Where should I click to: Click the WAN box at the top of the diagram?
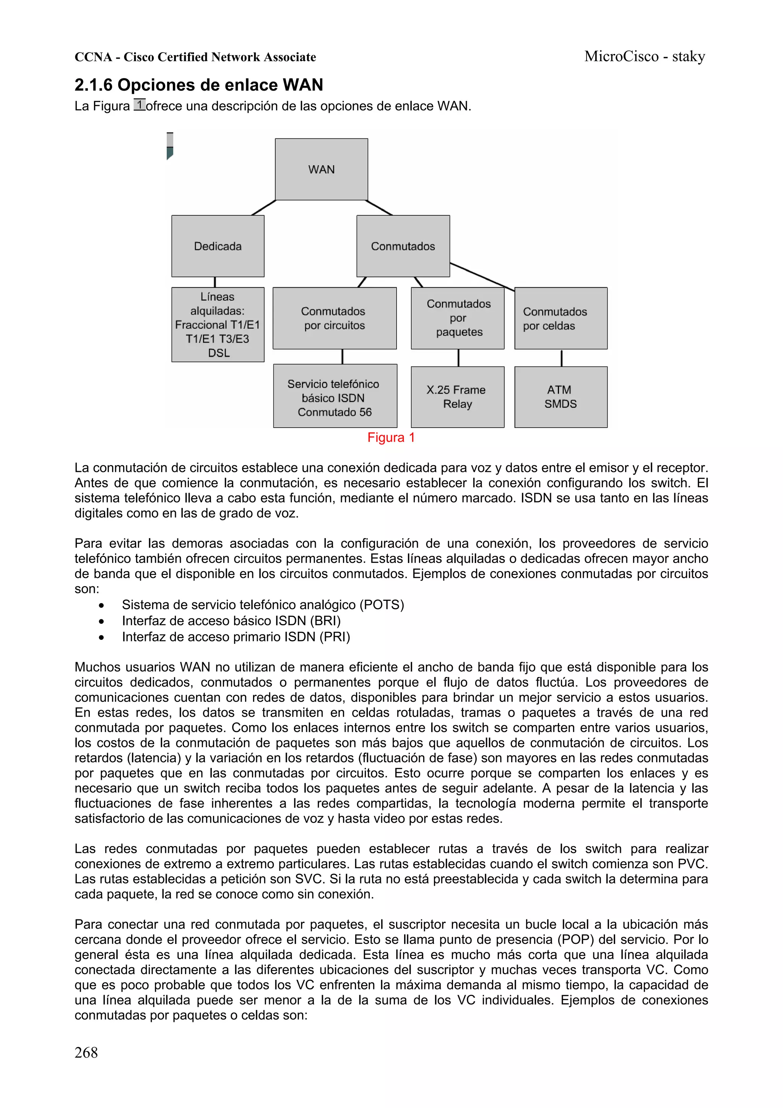tap(321, 169)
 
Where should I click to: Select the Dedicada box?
tap(218, 246)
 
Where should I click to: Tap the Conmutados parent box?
tap(403, 246)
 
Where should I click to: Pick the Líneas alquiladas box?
tap(218, 324)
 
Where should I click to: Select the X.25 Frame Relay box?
tap(457, 397)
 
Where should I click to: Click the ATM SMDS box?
tap(560, 397)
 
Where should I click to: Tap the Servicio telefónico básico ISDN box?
tap(335, 398)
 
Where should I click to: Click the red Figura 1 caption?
tap(391, 438)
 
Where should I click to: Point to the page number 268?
tap(86, 1052)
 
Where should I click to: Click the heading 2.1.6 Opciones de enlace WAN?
tap(198, 85)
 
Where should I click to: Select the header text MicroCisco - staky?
tap(644, 57)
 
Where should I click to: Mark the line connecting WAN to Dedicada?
tap(263, 208)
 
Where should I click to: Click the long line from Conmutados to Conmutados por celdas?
tap(482, 277)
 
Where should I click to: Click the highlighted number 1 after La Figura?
tap(140, 105)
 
